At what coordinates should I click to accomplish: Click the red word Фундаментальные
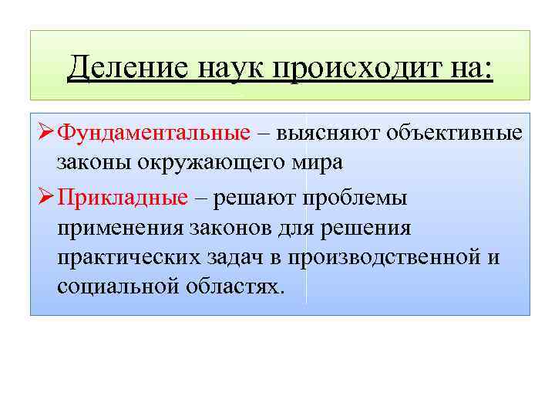[x=154, y=132]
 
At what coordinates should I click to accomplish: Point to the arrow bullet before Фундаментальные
[x=44, y=132]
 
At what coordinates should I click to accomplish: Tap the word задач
[x=234, y=257]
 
